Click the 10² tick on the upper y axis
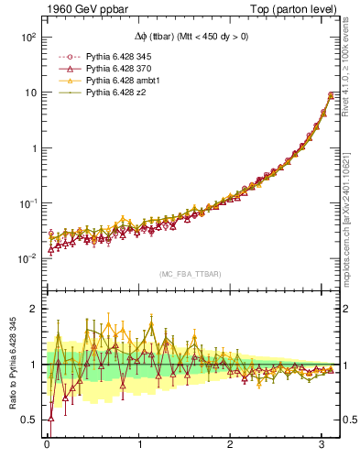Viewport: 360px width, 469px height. point(27,38)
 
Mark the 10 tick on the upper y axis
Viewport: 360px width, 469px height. point(29,93)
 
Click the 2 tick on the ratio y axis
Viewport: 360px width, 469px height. point(33,309)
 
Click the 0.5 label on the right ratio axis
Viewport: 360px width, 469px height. point(348,420)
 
